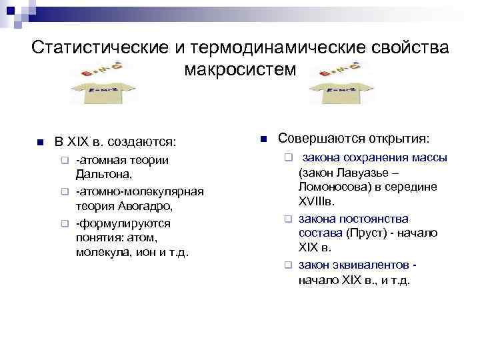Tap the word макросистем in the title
[x=241, y=69]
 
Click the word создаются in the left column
[x=148, y=142]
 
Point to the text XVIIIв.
[x=317, y=202]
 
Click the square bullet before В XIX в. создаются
[x=40, y=143]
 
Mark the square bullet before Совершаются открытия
[x=263, y=139]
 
